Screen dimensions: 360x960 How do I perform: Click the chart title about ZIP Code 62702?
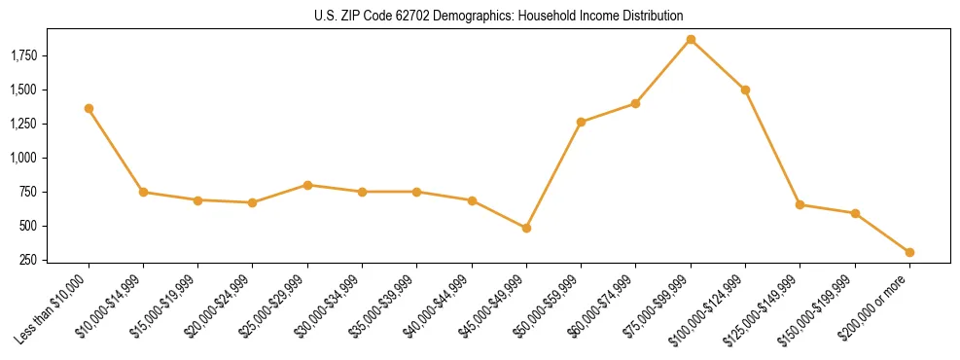click(499, 16)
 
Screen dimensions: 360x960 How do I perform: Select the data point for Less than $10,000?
click(89, 108)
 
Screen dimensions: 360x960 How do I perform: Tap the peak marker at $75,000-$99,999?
click(691, 39)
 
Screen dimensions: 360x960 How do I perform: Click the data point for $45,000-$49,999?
click(526, 228)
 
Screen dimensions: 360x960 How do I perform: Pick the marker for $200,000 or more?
click(909, 252)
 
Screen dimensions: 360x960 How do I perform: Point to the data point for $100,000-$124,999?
click(745, 90)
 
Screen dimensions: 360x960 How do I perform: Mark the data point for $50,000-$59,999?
click(581, 122)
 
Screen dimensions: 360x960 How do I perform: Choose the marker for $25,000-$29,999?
click(307, 185)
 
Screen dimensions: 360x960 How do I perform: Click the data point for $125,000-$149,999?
click(800, 204)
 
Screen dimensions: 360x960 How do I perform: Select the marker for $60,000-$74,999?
click(635, 103)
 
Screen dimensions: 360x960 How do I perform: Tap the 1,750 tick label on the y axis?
click(23, 55)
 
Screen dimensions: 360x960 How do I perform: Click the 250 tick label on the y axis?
click(30, 260)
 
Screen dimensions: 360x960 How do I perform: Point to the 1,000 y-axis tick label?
click(23, 158)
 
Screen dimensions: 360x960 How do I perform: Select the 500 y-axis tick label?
click(30, 226)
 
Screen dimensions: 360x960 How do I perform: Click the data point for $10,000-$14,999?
click(143, 192)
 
